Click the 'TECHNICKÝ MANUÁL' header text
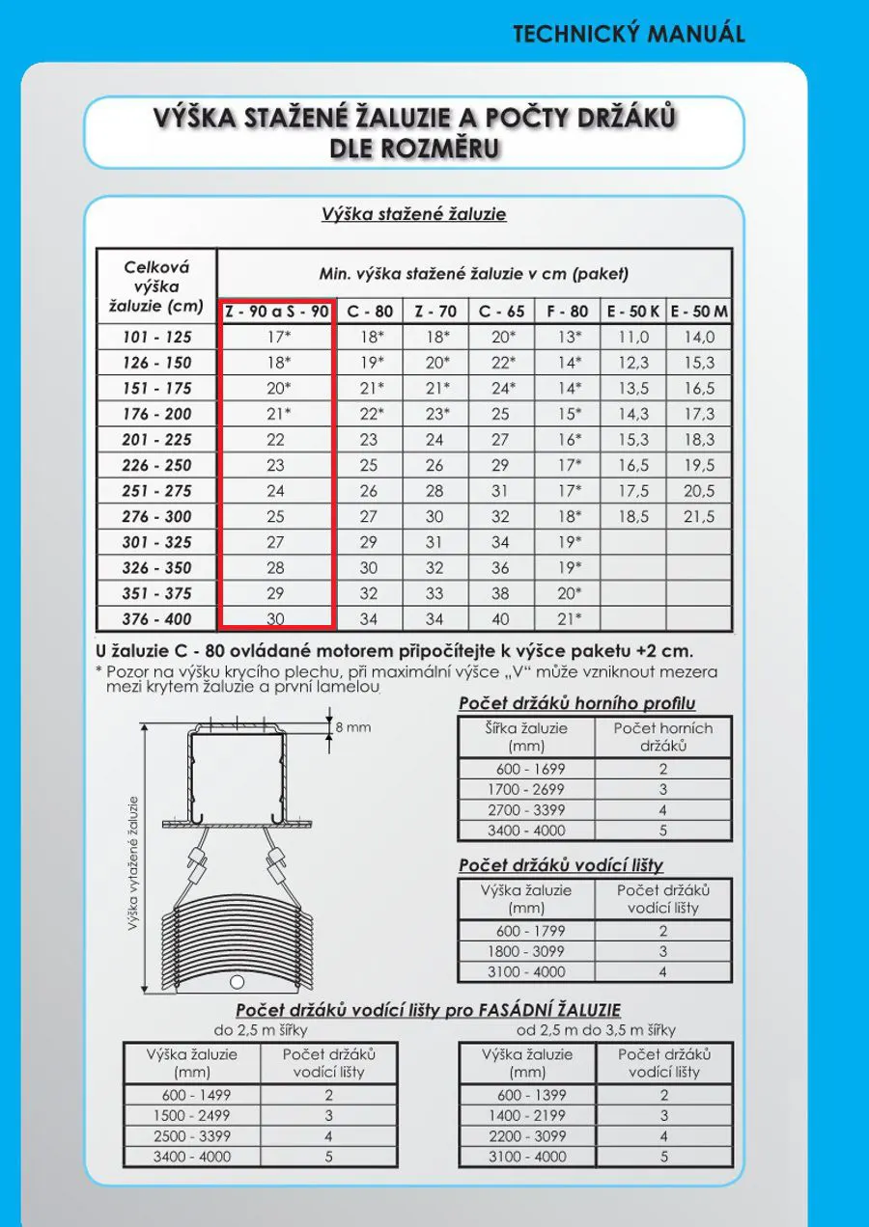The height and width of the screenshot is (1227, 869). [x=629, y=35]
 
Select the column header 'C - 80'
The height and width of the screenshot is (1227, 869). [x=369, y=312]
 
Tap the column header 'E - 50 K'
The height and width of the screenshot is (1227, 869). [x=632, y=312]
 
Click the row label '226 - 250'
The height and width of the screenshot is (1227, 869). [x=157, y=465]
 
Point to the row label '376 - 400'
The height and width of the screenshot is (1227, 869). [x=157, y=618]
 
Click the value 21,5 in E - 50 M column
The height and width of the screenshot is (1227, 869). [x=698, y=517]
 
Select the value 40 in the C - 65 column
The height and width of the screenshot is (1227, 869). [x=500, y=618]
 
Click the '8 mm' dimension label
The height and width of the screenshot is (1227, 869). [x=353, y=727]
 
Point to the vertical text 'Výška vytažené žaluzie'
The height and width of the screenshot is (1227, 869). [x=134, y=862]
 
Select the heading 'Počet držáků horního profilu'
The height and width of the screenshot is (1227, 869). [x=576, y=703]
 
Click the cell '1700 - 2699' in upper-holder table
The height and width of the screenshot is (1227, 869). [x=526, y=789]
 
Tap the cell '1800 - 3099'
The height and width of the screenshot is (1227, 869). [x=526, y=951]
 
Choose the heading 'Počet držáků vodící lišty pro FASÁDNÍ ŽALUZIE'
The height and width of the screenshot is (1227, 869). [x=428, y=1010]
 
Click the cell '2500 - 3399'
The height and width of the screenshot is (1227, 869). [x=191, y=1135]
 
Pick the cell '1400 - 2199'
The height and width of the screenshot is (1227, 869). [x=526, y=1115]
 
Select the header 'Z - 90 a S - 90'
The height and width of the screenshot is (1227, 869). [x=277, y=312]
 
